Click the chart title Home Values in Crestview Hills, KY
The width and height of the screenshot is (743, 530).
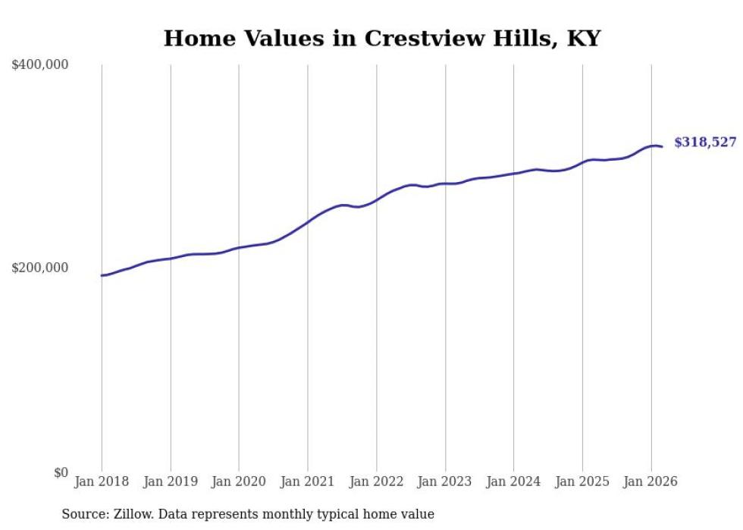tap(381, 38)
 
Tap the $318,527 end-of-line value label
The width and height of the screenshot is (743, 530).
tap(704, 142)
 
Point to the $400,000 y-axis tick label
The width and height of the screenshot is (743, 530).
tap(40, 65)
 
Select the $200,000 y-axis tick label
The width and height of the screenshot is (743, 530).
tap(40, 268)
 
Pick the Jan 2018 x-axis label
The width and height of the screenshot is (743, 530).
tap(102, 481)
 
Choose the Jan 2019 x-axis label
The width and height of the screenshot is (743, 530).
tap(171, 481)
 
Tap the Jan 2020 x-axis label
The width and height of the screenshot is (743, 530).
tap(239, 481)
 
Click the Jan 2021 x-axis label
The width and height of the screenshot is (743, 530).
tap(308, 481)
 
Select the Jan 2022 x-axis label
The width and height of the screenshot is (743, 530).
tap(376, 481)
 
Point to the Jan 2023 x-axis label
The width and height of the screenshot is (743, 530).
tap(445, 481)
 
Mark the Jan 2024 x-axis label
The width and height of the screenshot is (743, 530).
tap(513, 481)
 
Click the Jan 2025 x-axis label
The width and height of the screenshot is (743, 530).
tap(582, 481)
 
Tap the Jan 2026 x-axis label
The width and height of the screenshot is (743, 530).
tap(651, 481)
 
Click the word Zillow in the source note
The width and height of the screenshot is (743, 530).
tap(130, 514)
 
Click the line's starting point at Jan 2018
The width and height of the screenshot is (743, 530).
tap(102, 275)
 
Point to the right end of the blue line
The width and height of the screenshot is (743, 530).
tap(662, 146)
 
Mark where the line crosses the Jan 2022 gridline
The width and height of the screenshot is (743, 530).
tap(376, 200)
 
